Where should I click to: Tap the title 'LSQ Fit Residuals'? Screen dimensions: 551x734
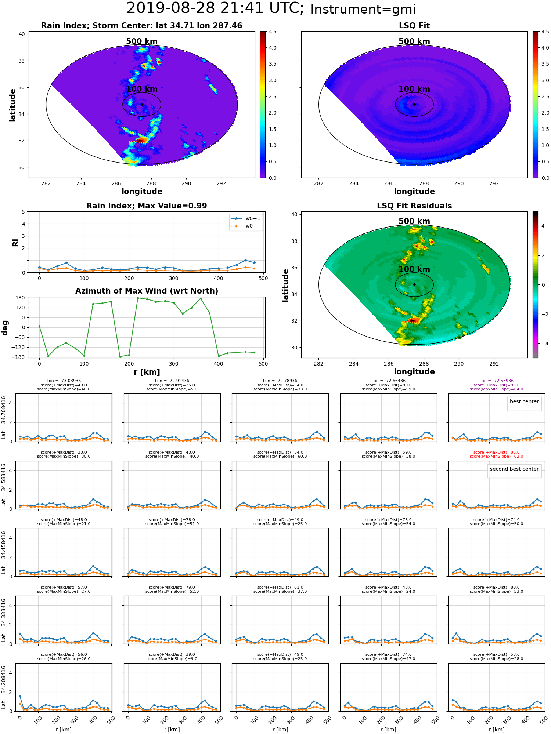tap(414, 206)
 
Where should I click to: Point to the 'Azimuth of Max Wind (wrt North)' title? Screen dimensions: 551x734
tap(147, 291)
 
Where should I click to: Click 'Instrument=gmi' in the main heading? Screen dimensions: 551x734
tap(363, 10)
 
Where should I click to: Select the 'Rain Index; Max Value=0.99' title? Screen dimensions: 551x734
tap(147, 206)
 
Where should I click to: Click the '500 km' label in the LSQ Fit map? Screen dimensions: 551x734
tap(414, 41)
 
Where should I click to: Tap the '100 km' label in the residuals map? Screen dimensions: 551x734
tap(414, 269)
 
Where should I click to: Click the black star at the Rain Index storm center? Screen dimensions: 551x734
tap(142, 105)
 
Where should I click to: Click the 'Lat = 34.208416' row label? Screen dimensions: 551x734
tap(4, 687)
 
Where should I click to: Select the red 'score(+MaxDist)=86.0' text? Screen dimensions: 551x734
tap(496, 453)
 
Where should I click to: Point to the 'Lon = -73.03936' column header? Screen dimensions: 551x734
tap(64, 381)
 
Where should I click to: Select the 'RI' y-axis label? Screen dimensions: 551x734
tap(15, 242)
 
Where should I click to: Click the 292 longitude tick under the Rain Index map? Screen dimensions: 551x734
tap(221, 183)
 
